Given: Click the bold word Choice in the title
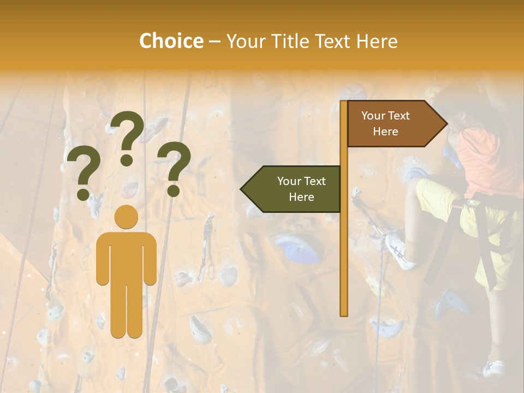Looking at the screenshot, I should pos(171,41).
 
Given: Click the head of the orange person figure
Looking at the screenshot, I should pos(126,217).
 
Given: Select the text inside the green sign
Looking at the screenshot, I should pos(301,189).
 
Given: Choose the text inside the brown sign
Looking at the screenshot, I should pos(385,123).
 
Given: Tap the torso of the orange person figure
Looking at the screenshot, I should pos(126,257).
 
